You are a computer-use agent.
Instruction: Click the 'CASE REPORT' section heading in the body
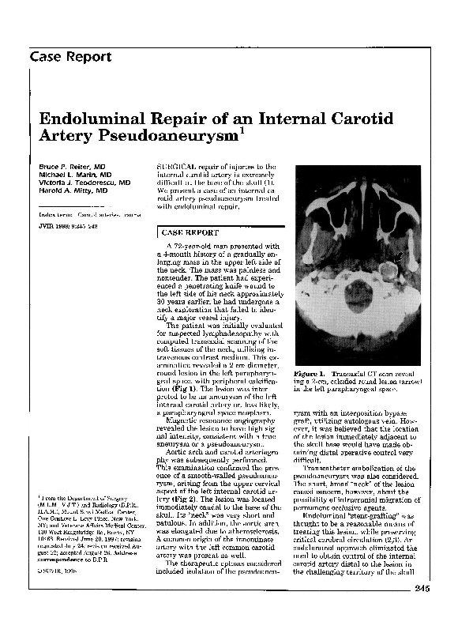(x=187, y=233)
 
